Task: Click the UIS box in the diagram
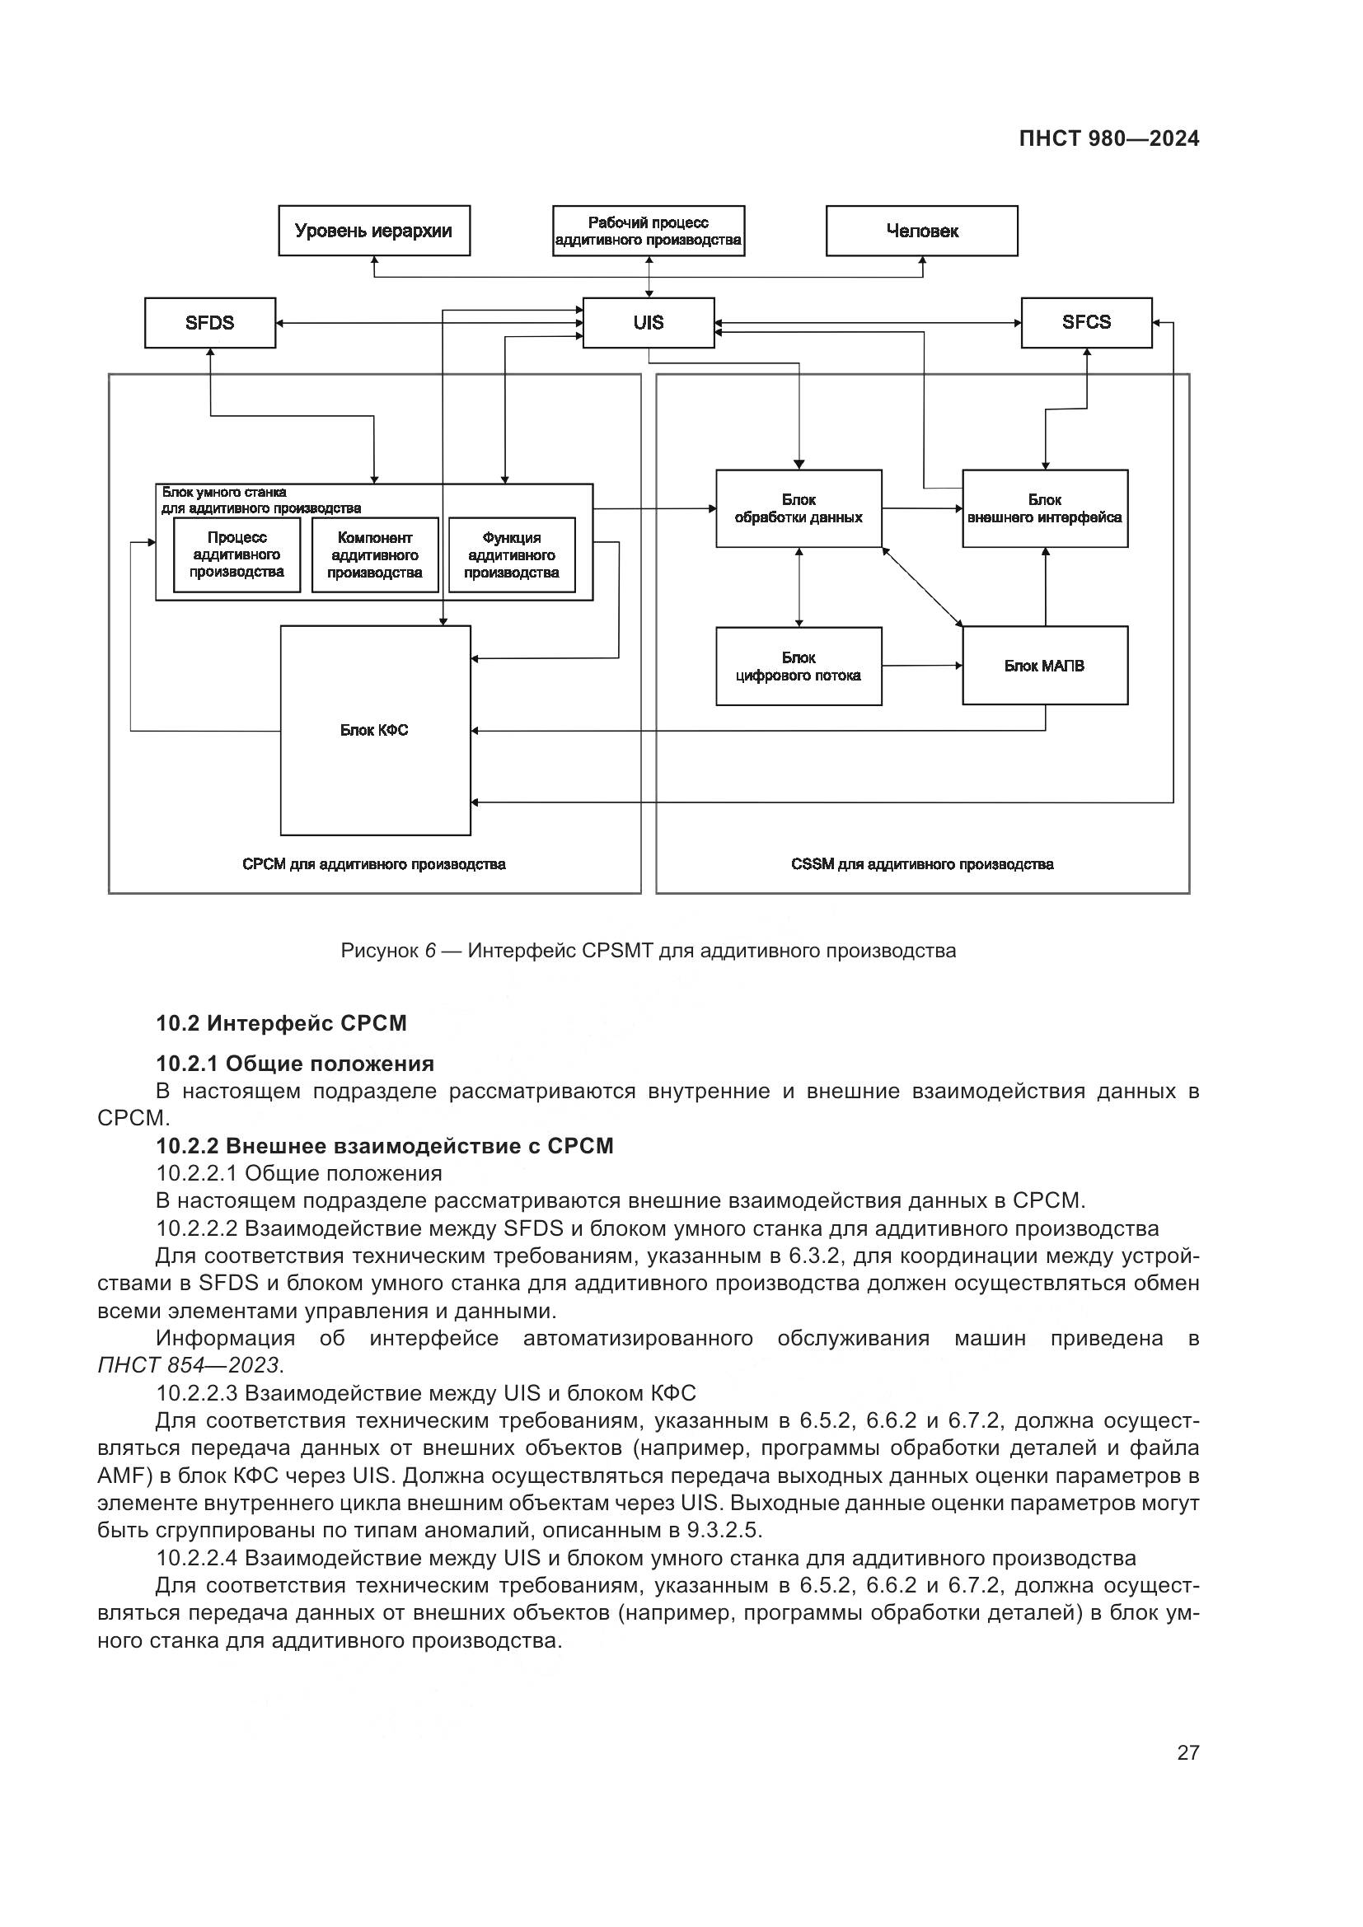click(x=648, y=322)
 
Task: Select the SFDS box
click(x=210, y=322)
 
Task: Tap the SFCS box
click(x=1086, y=322)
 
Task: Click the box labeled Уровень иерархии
click(x=373, y=231)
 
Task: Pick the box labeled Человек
click(x=921, y=231)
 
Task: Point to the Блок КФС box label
click(x=374, y=730)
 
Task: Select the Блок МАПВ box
click(x=1044, y=666)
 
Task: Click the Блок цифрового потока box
click(x=799, y=666)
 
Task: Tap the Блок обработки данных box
click(x=799, y=508)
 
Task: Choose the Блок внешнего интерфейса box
click(x=1044, y=508)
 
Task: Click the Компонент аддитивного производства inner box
click(x=374, y=554)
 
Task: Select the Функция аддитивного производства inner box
click(x=511, y=554)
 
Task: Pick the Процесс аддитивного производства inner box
click(x=237, y=554)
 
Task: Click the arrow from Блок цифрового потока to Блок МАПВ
click(x=921, y=666)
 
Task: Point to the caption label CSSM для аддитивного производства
click(x=921, y=863)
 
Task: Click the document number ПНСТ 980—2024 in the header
click(x=1108, y=139)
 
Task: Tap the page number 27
click(x=1187, y=1752)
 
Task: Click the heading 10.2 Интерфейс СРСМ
click(x=281, y=1023)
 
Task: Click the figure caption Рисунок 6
click(x=647, y=951)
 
